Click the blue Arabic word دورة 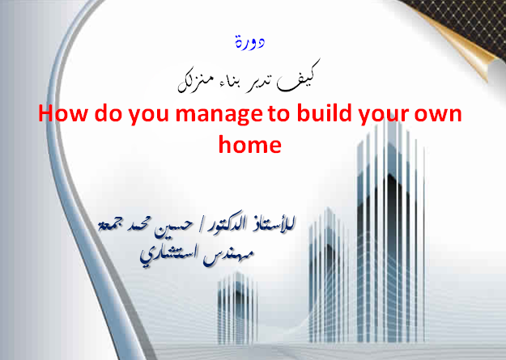pyautogui.click(x=250, y=43)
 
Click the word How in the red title pyautogui.click(x=63, y=113)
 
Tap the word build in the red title pyautogui.click(x=324, y=113)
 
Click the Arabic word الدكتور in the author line pyautogui.click(x=226, y=225)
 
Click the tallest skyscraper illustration pyautogui.click(x=390, y=232)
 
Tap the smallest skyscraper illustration pyautogui.click(x=237, y=308)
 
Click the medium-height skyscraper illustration pyautogui.click(x=329, y=275)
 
